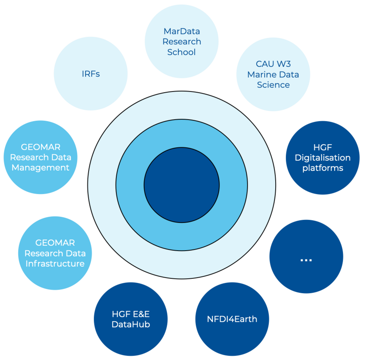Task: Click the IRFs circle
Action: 91,74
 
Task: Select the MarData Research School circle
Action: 182,42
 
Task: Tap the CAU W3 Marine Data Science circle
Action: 273,74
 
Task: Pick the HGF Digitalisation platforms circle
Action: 323,158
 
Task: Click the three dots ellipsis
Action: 306,260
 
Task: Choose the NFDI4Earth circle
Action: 232,319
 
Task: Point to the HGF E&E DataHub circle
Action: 131,319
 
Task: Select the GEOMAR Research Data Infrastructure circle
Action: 55,253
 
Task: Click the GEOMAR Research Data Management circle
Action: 40,157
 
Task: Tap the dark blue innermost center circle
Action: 182,185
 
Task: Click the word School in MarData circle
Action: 182,52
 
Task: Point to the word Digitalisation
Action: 323,158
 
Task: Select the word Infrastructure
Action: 55,264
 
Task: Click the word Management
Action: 40,168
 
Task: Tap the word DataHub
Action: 131,324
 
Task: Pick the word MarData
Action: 182,31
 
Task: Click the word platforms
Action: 323,168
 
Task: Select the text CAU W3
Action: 273,64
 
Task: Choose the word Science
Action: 273,85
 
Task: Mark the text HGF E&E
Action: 131,314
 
